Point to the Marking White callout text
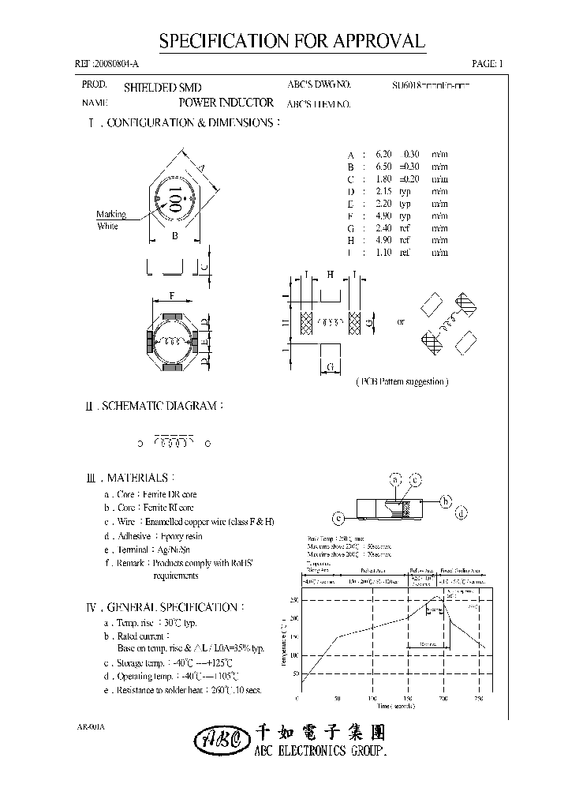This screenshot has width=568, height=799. [110, 220]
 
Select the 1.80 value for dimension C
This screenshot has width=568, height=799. [383, 178]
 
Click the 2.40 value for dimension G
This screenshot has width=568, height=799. [383, 228]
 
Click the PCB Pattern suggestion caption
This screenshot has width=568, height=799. [402, 381]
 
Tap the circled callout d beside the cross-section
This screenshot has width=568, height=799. [463, 512]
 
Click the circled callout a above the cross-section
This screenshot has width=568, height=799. [396, 479]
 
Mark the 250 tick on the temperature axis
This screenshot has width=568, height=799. [293, 600]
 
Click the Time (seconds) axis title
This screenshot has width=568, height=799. [390, 708]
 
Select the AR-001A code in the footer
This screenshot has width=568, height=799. [92, 725]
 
